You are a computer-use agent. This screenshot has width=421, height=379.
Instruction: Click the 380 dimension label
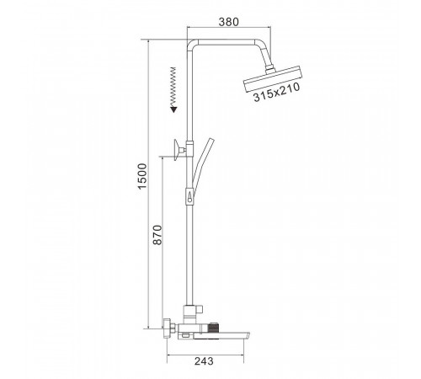pos(229,22)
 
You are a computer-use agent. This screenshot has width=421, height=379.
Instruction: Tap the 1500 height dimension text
pos(142,176)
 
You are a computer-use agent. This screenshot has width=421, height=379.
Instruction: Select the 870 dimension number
pos(157,235)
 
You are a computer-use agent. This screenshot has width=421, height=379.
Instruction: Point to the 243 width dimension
pos(204,361)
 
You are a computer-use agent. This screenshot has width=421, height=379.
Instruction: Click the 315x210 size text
pos(277,93)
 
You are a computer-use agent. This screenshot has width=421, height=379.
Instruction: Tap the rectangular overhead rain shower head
pos(273,79)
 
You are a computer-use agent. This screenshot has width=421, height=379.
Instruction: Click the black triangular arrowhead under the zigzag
pos(174,109)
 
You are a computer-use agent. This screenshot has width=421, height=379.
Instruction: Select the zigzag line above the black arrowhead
pos(173,87)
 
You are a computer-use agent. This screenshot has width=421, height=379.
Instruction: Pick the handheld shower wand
pos(202,163)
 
